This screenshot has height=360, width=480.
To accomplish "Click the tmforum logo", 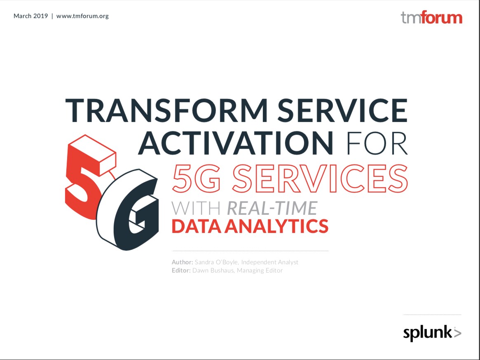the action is click(432, 18).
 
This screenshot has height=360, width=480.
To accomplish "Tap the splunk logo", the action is click(432, 333).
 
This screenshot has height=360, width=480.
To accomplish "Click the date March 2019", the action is click(30, 16).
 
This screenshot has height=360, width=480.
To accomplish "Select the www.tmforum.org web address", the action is click(82, 16).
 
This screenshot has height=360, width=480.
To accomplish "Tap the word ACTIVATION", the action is click(236, 143).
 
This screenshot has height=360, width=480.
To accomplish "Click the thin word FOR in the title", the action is click(377, 143).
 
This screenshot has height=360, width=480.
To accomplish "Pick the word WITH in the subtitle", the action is click(196, 208).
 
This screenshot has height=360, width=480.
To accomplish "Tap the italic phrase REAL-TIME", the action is click(272, 208).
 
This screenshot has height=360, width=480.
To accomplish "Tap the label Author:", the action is click(183, 262).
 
